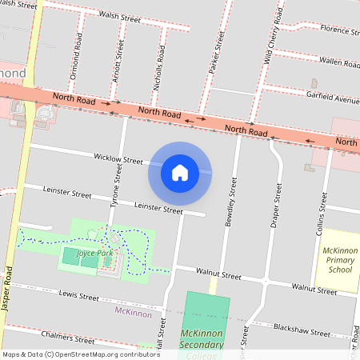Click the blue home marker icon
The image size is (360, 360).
tap(180, 172)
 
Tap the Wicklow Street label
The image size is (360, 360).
tap(118, 160)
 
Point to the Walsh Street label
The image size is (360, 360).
tap(120, 16)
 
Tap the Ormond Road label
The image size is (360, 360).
tap(78, 52)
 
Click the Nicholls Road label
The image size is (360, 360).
tap(161, 65)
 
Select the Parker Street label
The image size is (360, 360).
tap(214, 54)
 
